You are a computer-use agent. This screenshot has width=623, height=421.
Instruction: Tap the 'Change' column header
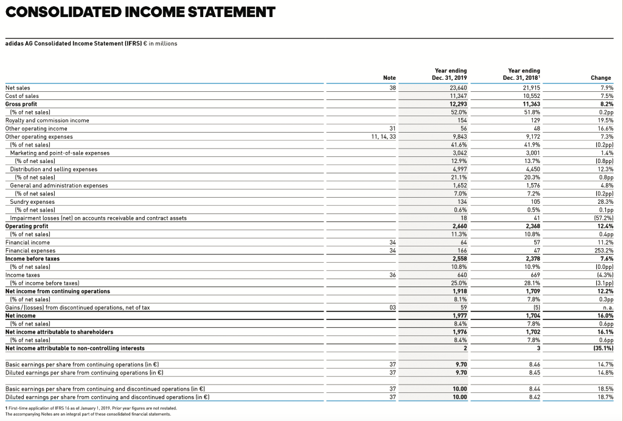pos(600,78)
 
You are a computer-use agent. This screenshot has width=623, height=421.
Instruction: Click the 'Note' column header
pos(389,78)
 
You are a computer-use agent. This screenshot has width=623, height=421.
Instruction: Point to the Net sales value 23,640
pos(458,88)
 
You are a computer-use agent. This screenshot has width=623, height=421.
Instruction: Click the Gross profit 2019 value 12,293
pos(458,104)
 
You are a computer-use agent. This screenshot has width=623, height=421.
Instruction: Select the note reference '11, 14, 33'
pos(383,136)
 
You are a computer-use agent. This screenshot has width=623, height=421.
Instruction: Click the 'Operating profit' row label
pos(26,226)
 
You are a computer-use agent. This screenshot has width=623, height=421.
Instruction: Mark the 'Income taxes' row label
pos(23,274)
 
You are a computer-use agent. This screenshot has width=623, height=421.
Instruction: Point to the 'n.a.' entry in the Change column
pos(606,307)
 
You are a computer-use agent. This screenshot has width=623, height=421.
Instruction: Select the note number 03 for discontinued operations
pos(391,307)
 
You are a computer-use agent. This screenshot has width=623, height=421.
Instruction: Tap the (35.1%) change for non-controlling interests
pos(601,348)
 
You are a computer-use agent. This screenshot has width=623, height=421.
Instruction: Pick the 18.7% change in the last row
pos(604,396)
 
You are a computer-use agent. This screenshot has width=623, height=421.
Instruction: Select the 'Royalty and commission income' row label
pos(47,120)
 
